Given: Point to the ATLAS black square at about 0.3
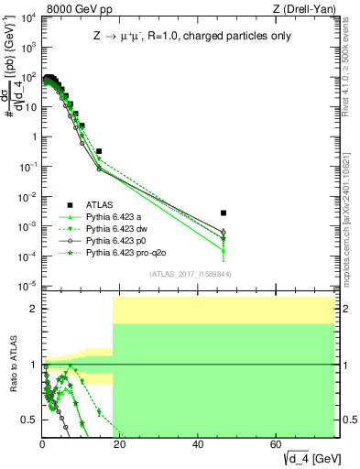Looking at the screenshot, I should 99,151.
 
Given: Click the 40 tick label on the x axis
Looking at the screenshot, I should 198,444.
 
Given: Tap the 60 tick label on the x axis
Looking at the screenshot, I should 277,444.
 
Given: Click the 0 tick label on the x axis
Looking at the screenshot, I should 42,444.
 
